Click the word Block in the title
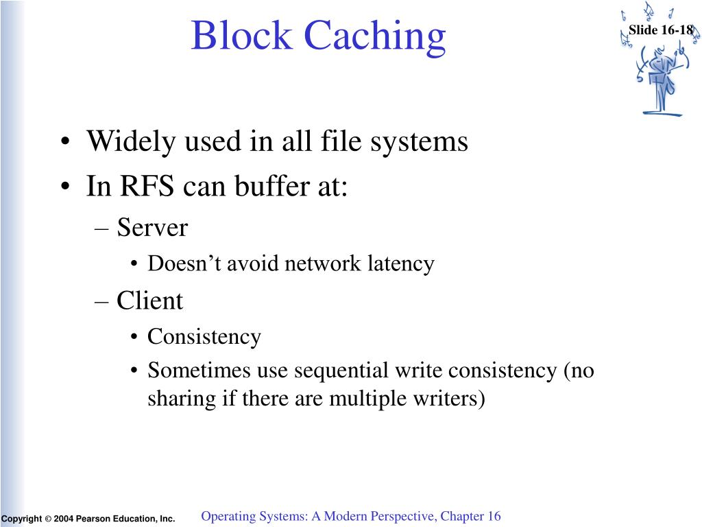click(241, 36)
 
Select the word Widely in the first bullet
click(131, 142)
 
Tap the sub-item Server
click(152, 228)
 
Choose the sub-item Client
click(149, 301)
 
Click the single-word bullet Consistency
click(204, 337)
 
